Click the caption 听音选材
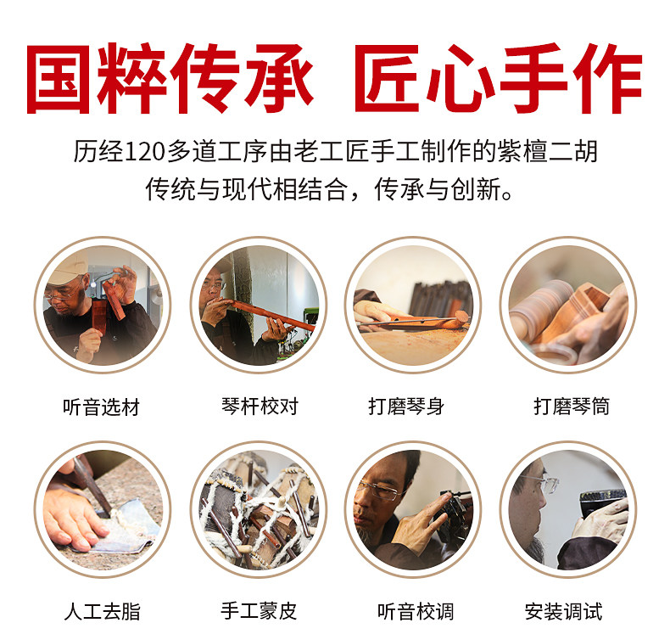(101, 407)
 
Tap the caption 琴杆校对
(260, 406)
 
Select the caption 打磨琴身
(406, 406)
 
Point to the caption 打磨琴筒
(572, 406)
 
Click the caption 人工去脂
(102, 611)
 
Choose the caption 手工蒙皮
(259, 610)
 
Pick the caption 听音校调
(416, 611)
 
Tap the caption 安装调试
(564, 611)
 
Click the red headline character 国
(59, 79)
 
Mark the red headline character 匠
(387, 79)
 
